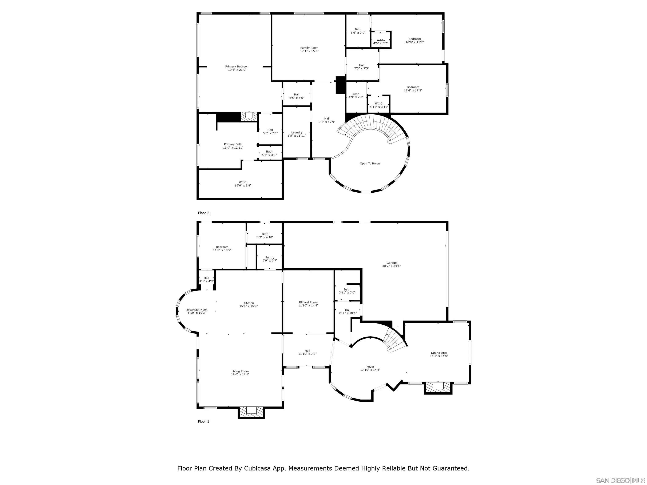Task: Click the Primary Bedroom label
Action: coord(237,67)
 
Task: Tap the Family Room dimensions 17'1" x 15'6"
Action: coord(309,51)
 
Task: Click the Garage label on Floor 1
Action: coord(391,263)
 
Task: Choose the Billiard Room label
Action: coord(308,302)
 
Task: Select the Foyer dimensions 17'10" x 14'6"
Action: coord(370,370)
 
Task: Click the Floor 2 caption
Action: coord(204,213)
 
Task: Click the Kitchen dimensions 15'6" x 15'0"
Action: coord(248,306)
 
